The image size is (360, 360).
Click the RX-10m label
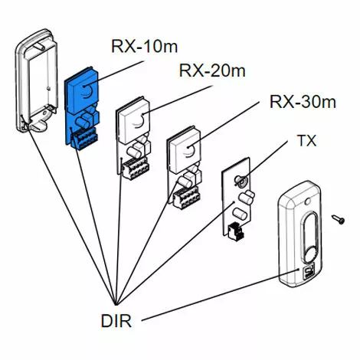tap(144, 46)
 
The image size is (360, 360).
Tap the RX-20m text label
tap(212, 70)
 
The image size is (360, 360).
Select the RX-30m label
tap(303, 101)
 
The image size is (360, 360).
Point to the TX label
tap(307, 141)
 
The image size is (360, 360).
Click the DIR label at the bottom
tap(116, 321)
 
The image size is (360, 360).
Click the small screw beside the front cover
tap(339, 220)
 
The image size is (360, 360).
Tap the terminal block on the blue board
tap(84, 139)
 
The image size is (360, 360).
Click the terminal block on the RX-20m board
tap(136, 168)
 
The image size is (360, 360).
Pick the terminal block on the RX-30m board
tap(186, 198)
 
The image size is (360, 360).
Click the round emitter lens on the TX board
tap(241, 181)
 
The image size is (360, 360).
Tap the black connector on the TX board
tap(235, 231)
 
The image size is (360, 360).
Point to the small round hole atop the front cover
tap(308, 201)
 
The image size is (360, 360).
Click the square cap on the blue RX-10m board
tap(82, 90)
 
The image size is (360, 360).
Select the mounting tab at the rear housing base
tap(38, 125)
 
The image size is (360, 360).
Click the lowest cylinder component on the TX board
tap(241, 214)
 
